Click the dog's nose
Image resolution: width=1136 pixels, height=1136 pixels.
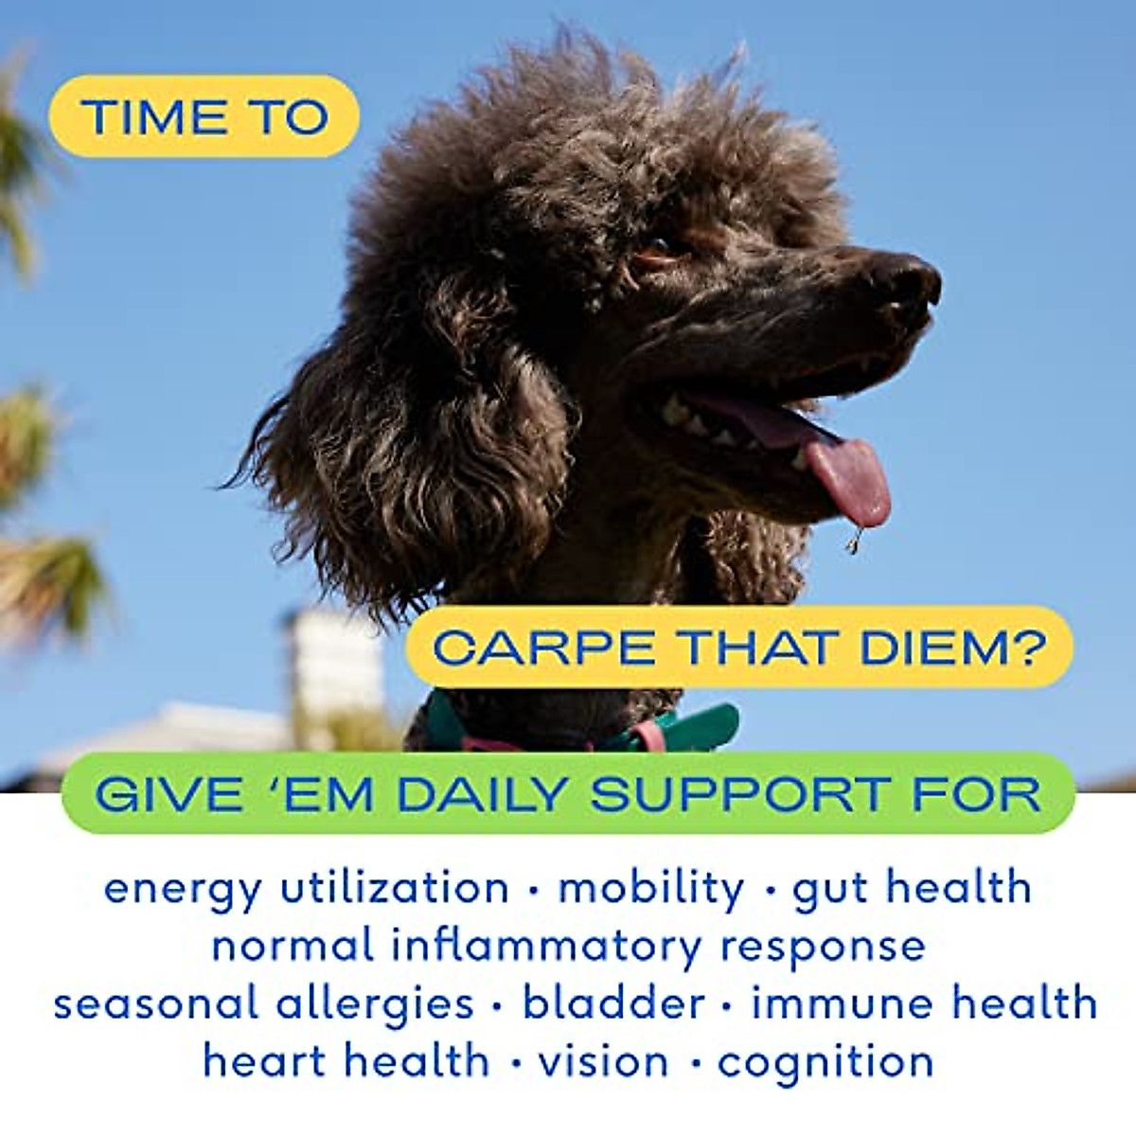tap(907, 279)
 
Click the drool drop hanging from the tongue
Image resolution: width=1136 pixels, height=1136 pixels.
tap(855, 542)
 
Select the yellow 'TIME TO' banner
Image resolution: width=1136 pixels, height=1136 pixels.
tap(204, 116)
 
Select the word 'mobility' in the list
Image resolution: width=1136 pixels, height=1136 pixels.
tap(651, 889)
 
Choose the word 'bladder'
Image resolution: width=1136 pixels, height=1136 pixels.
tap(613, 1003)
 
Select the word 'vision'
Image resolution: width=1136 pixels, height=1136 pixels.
tap(603, 1061)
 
